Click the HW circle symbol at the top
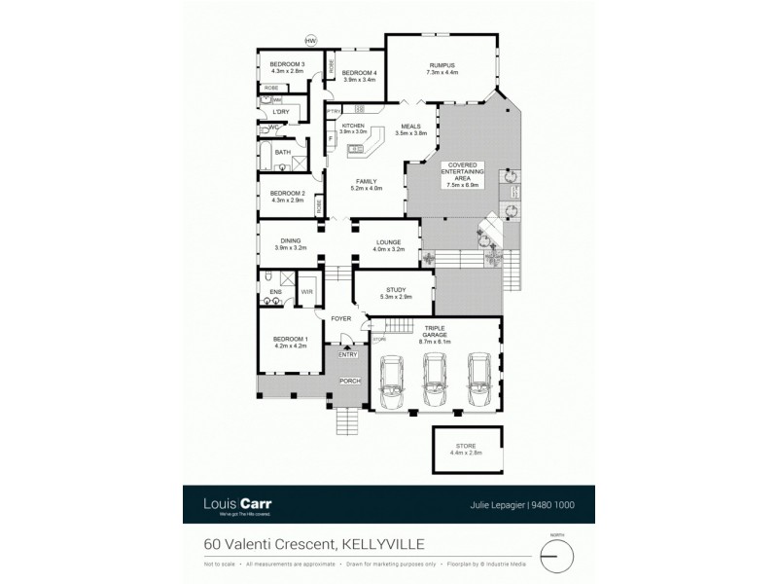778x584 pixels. tap(311, 40)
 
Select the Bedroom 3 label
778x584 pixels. tap(288, 68)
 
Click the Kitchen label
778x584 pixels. tap(353, 128)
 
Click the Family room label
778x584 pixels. tap(366, 185)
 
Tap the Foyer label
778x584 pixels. tap(340, 318)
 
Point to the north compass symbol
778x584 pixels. tap(557, 554)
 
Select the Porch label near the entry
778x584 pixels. tap(348, 382)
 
